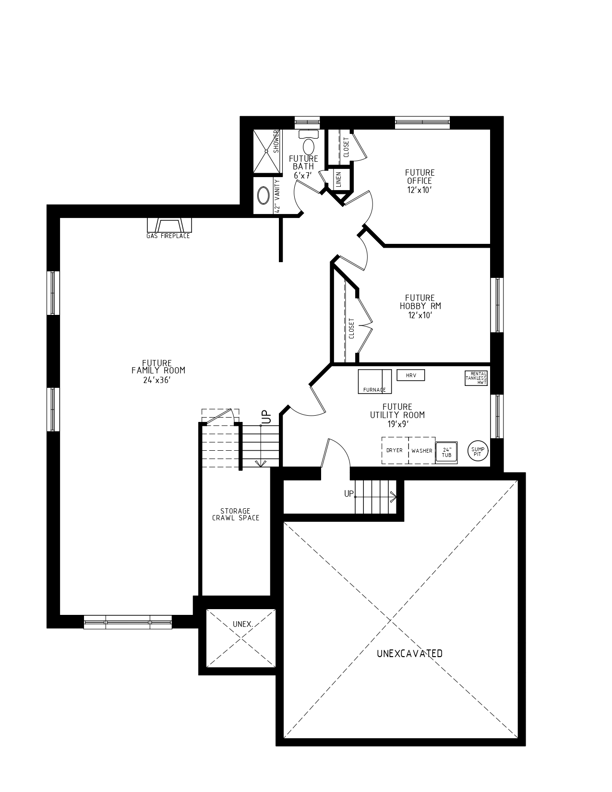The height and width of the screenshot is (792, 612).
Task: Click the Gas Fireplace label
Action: [168, 236]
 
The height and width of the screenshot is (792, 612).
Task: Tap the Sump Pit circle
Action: [477, 451]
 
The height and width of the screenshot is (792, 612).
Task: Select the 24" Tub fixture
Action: [446, 452]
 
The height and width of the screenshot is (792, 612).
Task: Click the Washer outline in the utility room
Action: [421, 450]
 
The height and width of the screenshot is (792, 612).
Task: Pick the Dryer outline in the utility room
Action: [395, 450]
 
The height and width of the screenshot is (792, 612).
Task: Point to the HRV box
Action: [411, 375]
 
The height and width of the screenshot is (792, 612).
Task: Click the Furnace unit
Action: [375, 382]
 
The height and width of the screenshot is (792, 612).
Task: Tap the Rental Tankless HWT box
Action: [476, 378]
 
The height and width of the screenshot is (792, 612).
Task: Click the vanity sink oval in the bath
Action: [264, 195]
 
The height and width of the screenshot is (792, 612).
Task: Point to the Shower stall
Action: [267, 151]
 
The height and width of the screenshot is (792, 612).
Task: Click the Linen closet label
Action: [338, 180]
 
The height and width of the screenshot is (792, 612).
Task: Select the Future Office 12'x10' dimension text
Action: [420, 190]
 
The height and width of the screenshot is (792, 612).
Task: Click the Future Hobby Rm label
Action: [420, 302]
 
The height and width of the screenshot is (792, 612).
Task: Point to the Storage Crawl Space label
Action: [236, 514]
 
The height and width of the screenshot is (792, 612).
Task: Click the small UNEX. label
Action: [243, 624]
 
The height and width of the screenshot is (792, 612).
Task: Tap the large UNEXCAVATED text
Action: [409, 653]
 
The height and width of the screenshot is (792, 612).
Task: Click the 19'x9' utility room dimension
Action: [397, 424]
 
